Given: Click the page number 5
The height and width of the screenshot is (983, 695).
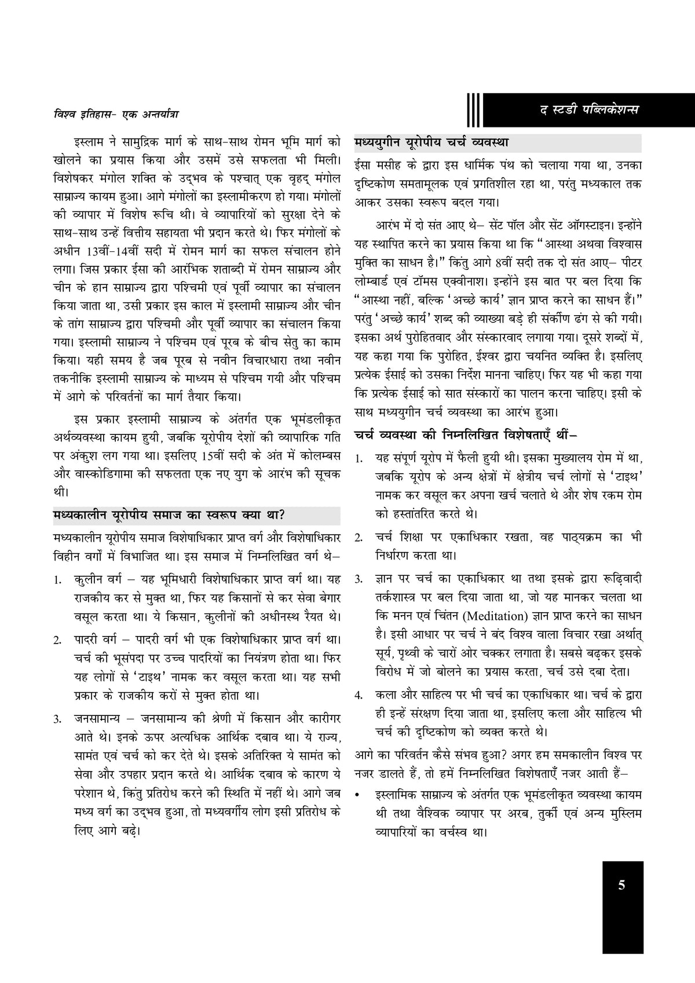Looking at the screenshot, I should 622,885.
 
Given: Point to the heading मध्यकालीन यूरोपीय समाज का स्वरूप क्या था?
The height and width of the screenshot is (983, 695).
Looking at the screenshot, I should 168,514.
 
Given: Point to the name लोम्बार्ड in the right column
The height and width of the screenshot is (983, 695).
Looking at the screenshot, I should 378,281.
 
